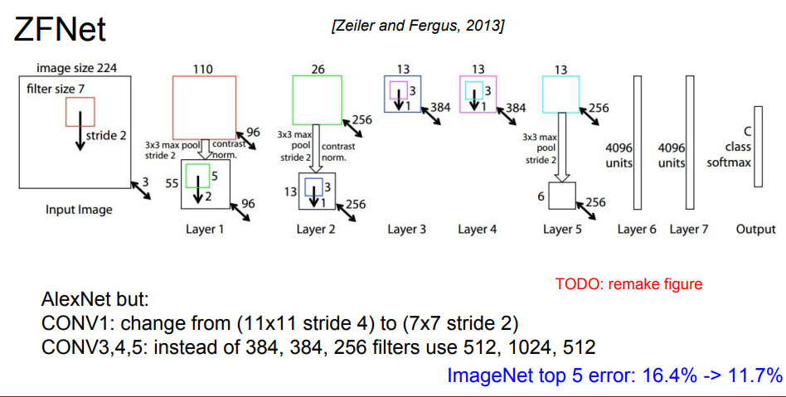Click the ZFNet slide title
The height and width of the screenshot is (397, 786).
(x=59, y=29)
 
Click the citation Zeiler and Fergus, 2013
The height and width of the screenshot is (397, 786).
(x=417, y=27)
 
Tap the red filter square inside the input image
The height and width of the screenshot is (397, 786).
(x=80, y=111)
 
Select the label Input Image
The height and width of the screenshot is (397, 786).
(x=79, y=210)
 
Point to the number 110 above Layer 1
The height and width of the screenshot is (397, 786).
(x=203, y=70)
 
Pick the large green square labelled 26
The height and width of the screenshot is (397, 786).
(x=318, y=100)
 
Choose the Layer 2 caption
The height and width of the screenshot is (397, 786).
(x=316, y=229)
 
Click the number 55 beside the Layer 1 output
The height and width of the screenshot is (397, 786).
(x=172, y=182)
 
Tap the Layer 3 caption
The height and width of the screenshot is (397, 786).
(x=406, y=229)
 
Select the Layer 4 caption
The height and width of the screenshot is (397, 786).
(x=478, y=229)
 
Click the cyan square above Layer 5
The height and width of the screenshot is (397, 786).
(x=560, y=94)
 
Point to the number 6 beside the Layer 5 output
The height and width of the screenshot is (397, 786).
(x=540, y=196)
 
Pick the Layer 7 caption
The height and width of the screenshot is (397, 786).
(x=689, y=229)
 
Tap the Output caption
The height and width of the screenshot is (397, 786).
(x=756, y=229)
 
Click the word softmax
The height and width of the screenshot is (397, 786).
(x=729, y=162)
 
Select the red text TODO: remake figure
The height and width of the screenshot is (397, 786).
(x=628, y=284)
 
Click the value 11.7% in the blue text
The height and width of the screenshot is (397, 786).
(x=750, y=375)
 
